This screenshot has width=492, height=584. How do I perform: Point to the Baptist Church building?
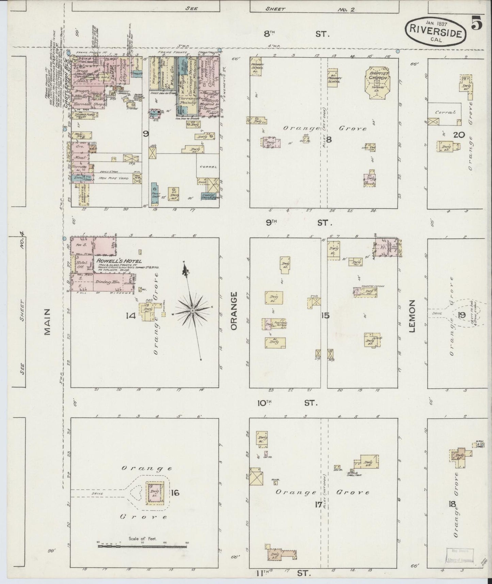point(377,82)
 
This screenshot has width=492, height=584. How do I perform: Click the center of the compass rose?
point(192,311)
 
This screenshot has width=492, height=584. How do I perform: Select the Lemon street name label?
point(413,316)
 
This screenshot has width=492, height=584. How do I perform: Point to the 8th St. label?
point(296,34)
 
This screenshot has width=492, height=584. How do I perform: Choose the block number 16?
point(176,492)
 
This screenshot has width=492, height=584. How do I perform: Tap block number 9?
point(145,134)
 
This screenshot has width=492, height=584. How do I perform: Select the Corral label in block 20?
point(445,112)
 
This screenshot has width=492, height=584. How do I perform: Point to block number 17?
point(318,504)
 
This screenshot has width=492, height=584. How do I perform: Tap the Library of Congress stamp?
point(460,557)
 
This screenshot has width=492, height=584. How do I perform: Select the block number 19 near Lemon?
point(461,315)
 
